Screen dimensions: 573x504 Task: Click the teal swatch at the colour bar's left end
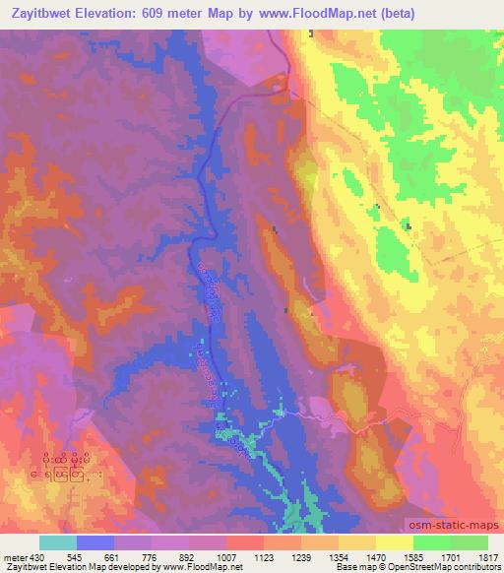tap(58, 542)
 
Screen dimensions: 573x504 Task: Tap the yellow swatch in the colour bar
tap(395, 542)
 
